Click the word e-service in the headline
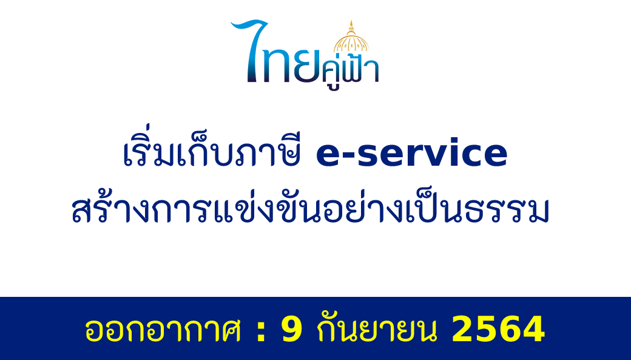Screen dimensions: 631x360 tap(412, 153)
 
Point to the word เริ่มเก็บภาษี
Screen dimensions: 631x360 tap(212, 148)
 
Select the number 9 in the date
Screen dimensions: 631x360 tap(292, 328)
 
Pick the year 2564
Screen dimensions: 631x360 tap(498, 328)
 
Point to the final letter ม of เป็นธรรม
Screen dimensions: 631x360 tap(537, 211)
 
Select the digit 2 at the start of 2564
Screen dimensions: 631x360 tap(463, 328)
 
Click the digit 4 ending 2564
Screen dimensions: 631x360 tap(533, 328)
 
